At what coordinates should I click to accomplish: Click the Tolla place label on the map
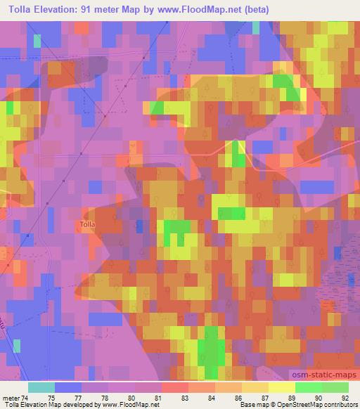tap(87, 225)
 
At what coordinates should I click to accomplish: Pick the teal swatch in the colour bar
tap(41, 387)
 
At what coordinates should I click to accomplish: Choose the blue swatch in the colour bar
tap(67, 387)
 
